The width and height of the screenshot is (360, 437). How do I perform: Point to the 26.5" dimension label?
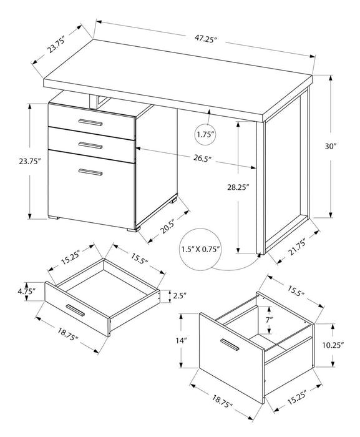click(x=200, y=158)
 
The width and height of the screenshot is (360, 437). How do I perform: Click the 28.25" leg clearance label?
click(x=238, y=185)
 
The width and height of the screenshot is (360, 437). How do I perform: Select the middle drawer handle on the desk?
click(x=90, y=145)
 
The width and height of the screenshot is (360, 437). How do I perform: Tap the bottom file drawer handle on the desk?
click(x=90, y=172)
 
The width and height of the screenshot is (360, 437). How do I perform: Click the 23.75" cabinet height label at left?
click(x=29, y=161)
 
